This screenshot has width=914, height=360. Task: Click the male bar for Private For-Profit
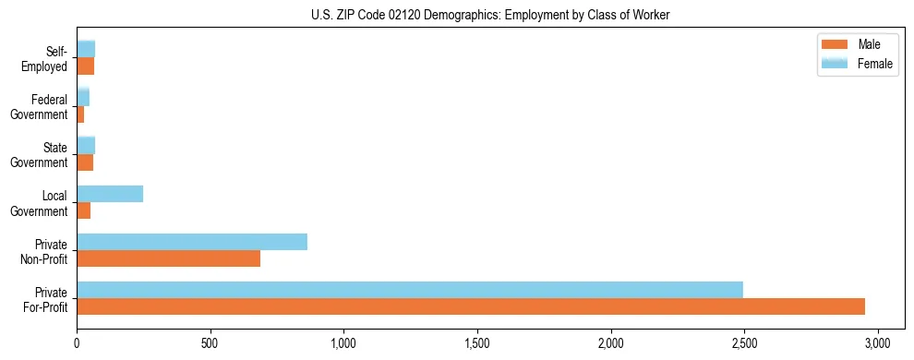(471, 306)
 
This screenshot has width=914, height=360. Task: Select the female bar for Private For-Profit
(410, 290)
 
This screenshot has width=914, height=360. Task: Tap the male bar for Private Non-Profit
(168, 258)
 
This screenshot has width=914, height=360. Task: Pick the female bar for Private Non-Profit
(192, 242)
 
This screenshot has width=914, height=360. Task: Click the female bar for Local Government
(110, 194)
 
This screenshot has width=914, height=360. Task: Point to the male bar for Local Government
(84, 210)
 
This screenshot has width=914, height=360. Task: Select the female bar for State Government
(86, 145)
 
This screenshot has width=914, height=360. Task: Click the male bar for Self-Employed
(86, 66)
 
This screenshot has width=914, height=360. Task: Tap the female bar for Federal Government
(83, 97)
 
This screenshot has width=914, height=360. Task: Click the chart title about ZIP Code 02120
(491, 15)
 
